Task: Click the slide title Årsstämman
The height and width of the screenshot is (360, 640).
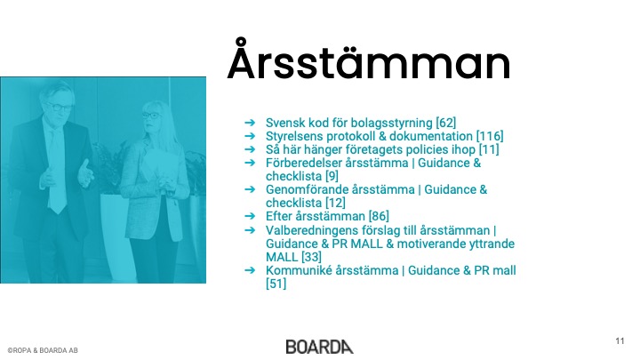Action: click(x=369, y=60)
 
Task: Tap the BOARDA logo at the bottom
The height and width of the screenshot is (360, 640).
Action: click(x=320, y=347)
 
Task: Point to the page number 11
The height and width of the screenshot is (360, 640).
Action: click(x=620, y=341)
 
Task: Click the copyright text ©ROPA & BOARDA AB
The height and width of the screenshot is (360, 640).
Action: click(x=43, y=350)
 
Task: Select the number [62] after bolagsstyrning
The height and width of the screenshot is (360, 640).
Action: click(x=445, y=123)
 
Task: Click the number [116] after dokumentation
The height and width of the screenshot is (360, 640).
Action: click(x=490, y=136)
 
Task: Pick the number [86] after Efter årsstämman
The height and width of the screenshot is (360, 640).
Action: click(x=379, y=216)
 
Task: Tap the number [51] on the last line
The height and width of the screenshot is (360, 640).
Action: click(x=276, y=284)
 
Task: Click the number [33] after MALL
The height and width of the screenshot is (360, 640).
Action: click(x=311, y=257)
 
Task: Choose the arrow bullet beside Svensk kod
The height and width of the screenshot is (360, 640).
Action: click(x=250, y=123)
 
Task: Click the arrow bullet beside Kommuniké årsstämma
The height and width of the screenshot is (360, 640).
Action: click(x=250, y=270)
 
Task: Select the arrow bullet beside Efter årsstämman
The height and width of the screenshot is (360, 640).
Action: click(x=250, y=216)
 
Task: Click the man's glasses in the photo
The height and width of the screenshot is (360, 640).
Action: click(x=59, y=108)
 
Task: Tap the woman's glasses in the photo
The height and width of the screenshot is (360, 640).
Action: click(x=150, y=115)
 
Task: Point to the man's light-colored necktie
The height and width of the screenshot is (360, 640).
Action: click(x=56, y=172)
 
